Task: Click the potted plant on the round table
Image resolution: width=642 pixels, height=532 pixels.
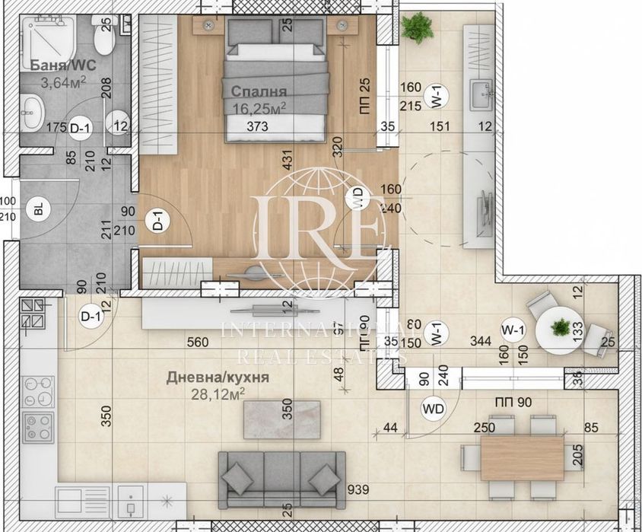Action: [560, 328]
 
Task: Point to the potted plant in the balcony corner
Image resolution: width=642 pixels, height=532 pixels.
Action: [417, 27]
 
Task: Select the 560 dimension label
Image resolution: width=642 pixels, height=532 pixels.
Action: [196, 342]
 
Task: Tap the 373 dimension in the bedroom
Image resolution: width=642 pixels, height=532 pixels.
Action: [258, 128]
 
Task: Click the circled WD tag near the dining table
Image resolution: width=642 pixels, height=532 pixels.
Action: [433, 409]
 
